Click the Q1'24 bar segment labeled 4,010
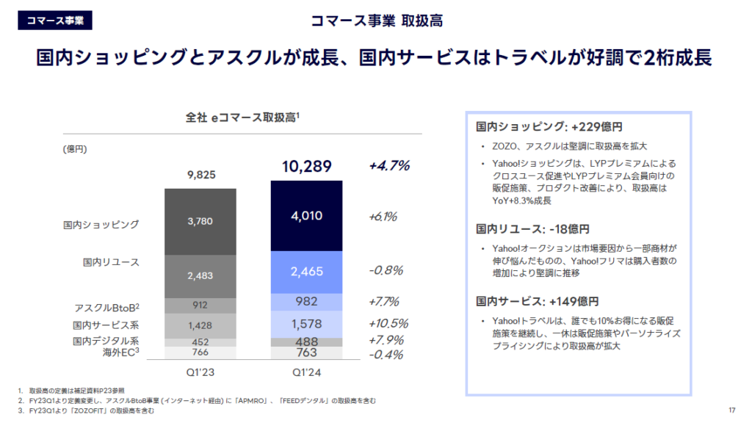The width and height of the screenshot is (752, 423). pos(306,216)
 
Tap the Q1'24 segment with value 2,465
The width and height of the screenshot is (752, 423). pos(306,272)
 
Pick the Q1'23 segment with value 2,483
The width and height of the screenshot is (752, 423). pos(200,276)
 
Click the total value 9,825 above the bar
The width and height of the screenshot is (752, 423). pos(200,175)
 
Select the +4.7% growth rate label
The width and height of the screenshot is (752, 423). pos(389,166)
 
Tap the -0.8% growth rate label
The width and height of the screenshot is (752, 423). pos(386,270)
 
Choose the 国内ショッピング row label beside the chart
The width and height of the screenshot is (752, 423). pos(101,224)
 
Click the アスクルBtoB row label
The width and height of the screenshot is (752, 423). pos(107,306)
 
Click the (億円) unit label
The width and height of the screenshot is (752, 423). pos(76,149)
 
